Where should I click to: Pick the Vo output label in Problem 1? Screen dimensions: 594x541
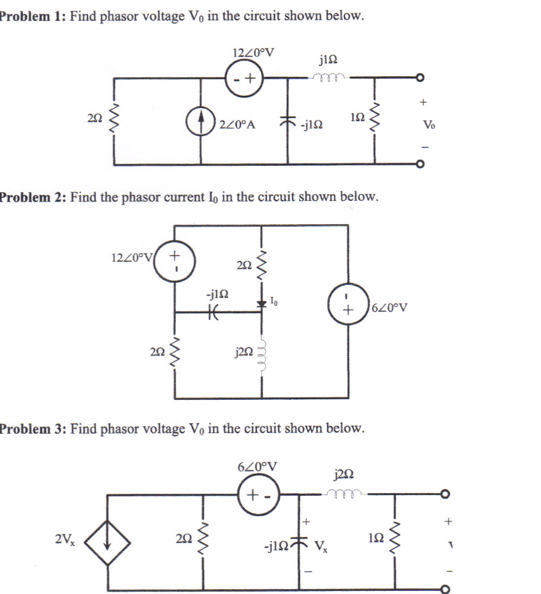[x=428, y=125]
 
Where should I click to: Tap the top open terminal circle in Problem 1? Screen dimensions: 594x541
[x=420, y=78]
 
